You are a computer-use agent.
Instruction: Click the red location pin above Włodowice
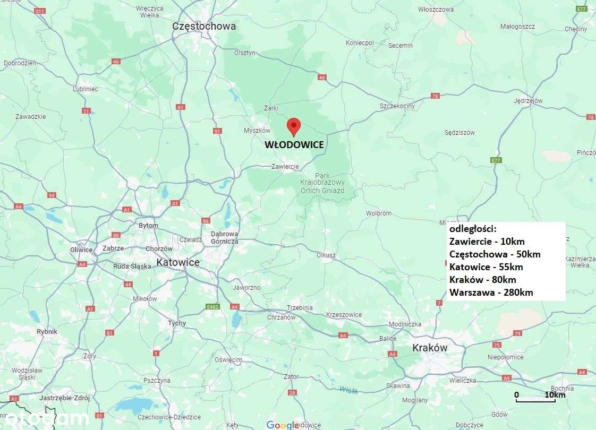pyautogui.click(x=293, y=126)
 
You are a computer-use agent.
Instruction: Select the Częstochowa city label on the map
pyautogui.click(x=204, y=26)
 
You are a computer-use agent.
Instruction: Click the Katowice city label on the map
pyautogui.click(x=178, y=262)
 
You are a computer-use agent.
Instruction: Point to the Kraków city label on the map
pyautogui.click(x=430, y=348)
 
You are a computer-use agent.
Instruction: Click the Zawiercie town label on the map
pyautogui.click(x=285, y=166)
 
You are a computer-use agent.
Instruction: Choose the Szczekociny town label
pyautogui.click(x=397, y=106)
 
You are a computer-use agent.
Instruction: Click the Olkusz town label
pyautogui.click(x=326, y=255)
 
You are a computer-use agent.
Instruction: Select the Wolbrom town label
pyautogui.click(x=378, y=213)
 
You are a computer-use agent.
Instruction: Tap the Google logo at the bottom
pyautogui.click(x=283, y=425)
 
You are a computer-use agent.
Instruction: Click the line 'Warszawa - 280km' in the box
pyautogui.click(x=491, y=292)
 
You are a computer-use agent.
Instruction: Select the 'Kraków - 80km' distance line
pyautogui.click(x=482, y=279)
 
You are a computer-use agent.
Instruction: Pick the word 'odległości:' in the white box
pyautogui.click(x=473, y=229)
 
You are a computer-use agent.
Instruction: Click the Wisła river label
pyautogui.click(x=348, y=390)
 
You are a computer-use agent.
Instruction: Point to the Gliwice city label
pyautogui.click(x=81, y=250)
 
